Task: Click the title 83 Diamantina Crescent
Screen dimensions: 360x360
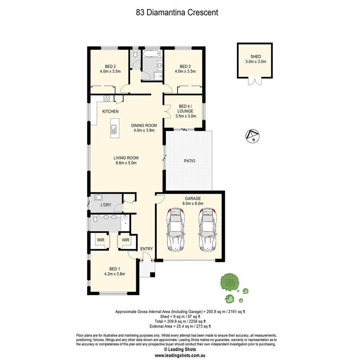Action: (x=177, y=12)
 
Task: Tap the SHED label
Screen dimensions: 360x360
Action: (x=256, y=56)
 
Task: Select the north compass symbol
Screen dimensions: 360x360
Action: (x=252, y=136)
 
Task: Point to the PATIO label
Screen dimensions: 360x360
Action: (x=190, y=161)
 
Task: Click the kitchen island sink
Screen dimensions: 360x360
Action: (x=114, y=129)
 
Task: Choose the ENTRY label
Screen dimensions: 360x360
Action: (x=146, y=249)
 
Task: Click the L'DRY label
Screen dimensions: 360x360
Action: (x=106, y=205)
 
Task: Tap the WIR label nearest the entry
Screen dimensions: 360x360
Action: (x=126, y=240)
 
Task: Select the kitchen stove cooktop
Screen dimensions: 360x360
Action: (x=107, y=98)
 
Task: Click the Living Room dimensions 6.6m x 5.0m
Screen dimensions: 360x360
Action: (x=126, y=163)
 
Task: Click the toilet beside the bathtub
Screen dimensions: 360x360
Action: (x=135, y=53)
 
